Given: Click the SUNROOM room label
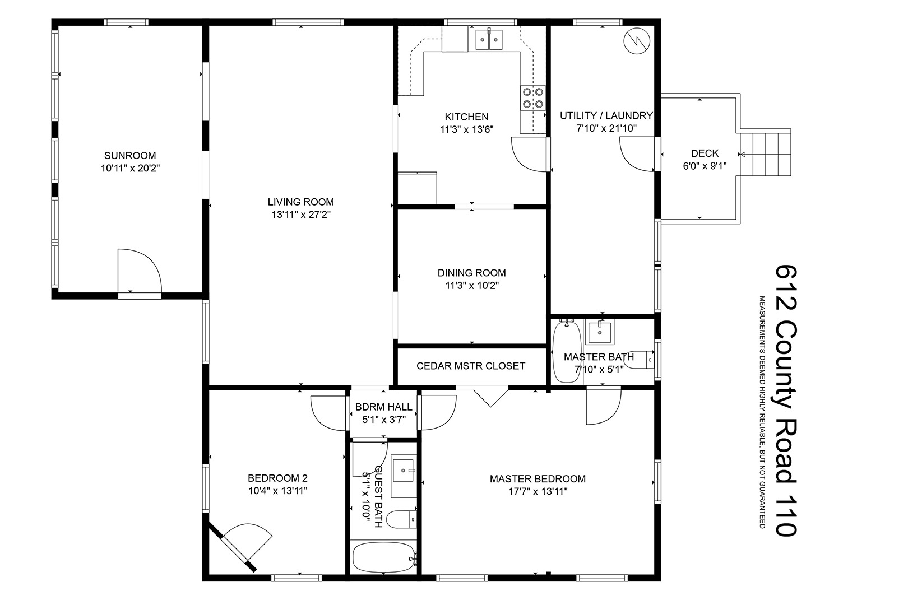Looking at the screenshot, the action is [130, 156].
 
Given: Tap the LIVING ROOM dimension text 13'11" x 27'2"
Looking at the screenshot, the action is [301, 215].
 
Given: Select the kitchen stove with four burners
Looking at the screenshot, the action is [533, 97].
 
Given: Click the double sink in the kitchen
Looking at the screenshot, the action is [489, 39].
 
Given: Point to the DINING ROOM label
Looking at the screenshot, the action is [472, 273].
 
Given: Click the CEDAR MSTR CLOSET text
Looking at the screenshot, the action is [471, 366].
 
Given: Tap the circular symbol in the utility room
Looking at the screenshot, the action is [637, 41].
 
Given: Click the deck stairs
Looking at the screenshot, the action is [766, 155].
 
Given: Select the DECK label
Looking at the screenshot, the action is [705, 153].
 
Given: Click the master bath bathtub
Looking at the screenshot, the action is [567, 351].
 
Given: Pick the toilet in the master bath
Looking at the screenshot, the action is [640, 360].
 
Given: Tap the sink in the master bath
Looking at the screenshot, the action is [599, 332].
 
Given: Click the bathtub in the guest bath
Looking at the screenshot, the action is [384, 557].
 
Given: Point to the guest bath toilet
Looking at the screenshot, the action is [402, 519].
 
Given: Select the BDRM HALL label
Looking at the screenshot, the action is [384, 407].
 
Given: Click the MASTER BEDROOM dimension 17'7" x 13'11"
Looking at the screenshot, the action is [538, 492].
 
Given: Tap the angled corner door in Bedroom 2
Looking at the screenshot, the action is [239, 545].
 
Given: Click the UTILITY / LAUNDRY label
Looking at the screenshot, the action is [606, 116].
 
